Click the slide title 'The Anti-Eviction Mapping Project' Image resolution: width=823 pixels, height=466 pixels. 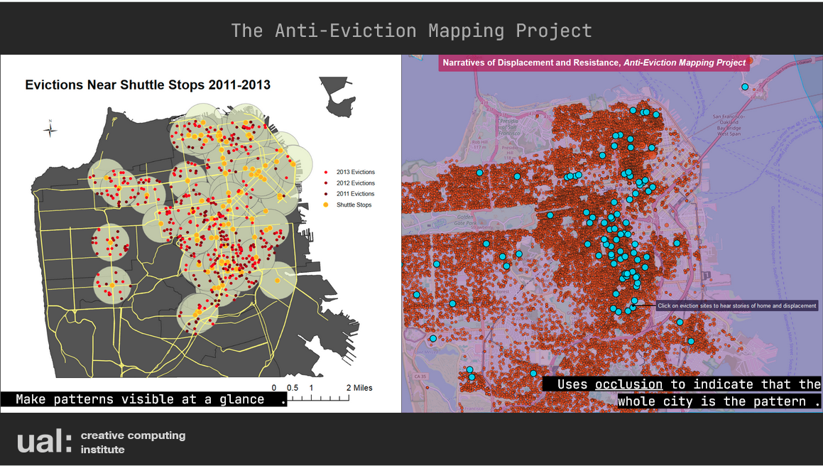pos(411,31)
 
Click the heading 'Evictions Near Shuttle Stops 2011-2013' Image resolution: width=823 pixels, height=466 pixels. pos(148,85)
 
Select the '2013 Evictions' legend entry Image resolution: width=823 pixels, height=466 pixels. pos(355,172)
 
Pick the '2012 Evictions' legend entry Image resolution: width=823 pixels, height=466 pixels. pos(355,183)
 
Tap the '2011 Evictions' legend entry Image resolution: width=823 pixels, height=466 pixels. pos(355,194)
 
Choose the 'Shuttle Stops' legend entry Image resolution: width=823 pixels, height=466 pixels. pos(353,205)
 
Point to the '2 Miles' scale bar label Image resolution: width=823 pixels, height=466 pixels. pos(359,388)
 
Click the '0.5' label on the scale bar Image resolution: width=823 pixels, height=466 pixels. pos(292,388)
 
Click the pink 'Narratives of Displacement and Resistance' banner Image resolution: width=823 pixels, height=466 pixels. pos(594,63)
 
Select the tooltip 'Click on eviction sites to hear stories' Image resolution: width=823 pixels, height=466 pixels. pos(736,305)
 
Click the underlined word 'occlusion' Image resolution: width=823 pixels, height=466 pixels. pos(628,384)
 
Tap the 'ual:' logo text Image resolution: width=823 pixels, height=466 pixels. pos(44,441)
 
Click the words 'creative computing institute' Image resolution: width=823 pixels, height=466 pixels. pos(132,442)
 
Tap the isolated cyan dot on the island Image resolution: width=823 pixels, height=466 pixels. pos(745,87)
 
